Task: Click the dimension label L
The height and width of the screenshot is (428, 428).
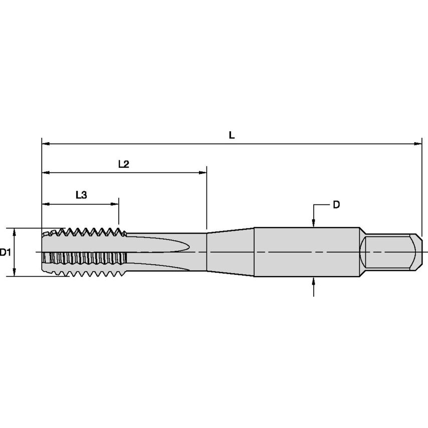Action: (x=231, y=135)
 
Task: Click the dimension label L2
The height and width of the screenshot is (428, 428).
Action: (x=124, y=164)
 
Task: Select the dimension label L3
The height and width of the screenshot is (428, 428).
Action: (x=81, y=195)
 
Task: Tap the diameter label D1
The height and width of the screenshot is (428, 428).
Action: (x=6, y=252)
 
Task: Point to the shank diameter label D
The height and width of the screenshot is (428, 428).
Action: (x=336, y=204)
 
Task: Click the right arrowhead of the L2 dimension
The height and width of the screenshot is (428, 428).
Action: (x=203, y=173)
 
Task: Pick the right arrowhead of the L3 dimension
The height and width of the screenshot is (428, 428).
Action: (x=115, y=204)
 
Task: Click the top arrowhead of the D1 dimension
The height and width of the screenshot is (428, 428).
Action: (x=15, y=232)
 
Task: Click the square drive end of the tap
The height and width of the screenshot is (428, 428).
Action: (x=391, y=252)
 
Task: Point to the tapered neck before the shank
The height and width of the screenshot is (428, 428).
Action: (x=231, y=252)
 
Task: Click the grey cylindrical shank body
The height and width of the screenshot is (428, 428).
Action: (x=306, y=252)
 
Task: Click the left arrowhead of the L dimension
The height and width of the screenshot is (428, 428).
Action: (x=45, y=144)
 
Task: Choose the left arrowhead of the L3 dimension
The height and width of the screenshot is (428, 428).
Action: (x=45, y=204)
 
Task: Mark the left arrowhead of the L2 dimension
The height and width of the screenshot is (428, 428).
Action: (x=45, y=173)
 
